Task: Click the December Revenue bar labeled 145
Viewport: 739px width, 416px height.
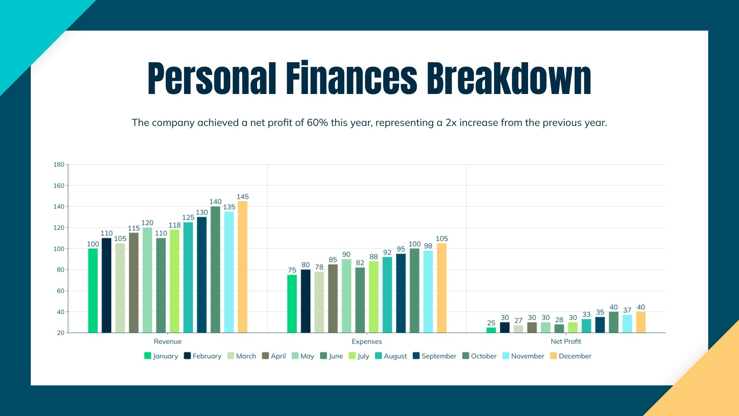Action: (x=242, y=267)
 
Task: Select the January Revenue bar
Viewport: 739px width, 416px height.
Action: (x=93, y=290)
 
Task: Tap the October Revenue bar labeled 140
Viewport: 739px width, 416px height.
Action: (x=215, y=270)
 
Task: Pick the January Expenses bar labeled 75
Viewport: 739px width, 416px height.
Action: (x=292, y=304)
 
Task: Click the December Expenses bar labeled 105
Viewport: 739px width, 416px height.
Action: (x=441, y=288)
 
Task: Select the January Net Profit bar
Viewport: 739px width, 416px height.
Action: (x=491, y=330)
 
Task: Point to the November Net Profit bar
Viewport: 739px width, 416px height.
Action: (x=627, y=324)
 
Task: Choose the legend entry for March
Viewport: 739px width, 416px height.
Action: (x=242, y=356)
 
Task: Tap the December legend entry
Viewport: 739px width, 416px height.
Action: (x=571, y=356)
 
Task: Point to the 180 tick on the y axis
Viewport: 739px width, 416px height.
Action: (x=59, y=164)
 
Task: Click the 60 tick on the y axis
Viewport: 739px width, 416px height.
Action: (x=60, y=291)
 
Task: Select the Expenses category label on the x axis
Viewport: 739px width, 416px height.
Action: (x=366, y=341)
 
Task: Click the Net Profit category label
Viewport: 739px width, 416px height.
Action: (x=566, y=341)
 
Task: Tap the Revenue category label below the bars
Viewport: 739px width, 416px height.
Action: (x=167, y=341)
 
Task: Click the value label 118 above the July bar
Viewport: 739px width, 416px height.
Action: (x=174, y=225)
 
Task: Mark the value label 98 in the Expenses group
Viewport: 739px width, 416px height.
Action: (x=428, y=246)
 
